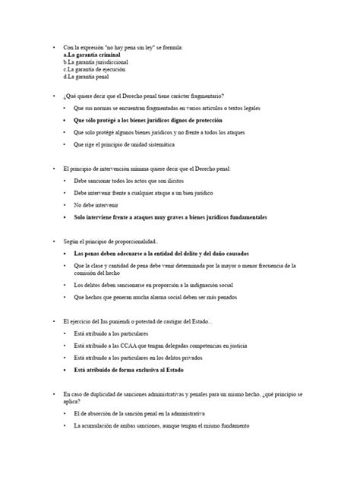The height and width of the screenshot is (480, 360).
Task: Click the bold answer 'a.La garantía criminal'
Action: pyautogui.click(x=94, y=55)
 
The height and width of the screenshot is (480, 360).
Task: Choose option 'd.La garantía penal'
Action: pyautogui.click(x=87, y=77)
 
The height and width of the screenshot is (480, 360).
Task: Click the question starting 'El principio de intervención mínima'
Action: pyautogui.click(x=152, y=169)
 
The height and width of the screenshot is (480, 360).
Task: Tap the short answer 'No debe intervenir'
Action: pyautogui.click(x=96, y=205)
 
